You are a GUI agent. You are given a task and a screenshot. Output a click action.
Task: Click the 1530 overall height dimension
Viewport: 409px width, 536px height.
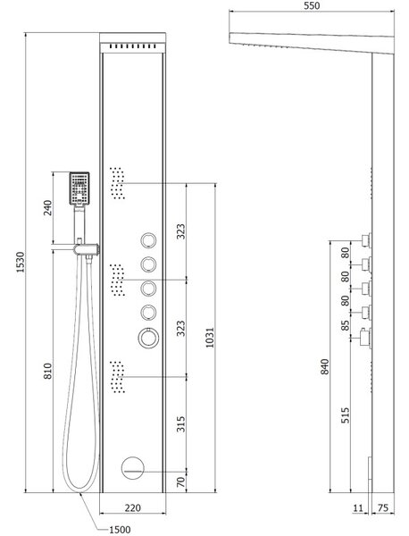pos(21,262)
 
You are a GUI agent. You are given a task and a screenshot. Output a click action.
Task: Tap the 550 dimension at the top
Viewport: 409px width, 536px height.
pos(312,5)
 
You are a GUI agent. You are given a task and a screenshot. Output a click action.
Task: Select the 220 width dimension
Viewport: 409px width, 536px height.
pos(132,508)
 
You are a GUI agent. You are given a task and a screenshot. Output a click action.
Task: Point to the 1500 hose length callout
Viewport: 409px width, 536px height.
pos(120,530)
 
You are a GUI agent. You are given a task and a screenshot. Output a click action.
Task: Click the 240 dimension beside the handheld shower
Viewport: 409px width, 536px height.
pos(48,208)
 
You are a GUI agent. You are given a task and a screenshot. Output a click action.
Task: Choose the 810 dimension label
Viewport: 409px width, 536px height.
pos(48,371)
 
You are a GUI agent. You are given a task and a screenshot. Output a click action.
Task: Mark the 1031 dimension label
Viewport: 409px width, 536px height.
pos(210,338)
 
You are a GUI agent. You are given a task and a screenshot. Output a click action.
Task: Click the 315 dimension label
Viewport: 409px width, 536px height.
pos(180,423)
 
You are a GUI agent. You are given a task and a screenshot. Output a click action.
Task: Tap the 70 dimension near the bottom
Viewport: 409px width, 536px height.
pos(180,482)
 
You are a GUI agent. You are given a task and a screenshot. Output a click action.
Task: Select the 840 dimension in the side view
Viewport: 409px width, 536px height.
pos(324,366)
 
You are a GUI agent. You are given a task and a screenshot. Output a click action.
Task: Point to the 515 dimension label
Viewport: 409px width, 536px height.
pos(346,415)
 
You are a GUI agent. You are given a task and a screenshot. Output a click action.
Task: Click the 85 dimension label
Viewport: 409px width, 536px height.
pos(346,325)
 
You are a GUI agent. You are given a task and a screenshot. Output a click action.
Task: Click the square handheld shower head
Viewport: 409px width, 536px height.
pos(79,188)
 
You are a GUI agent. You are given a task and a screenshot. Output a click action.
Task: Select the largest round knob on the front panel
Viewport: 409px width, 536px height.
pos(148,338)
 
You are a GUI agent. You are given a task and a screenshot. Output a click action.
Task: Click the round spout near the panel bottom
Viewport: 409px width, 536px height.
pos(133,468)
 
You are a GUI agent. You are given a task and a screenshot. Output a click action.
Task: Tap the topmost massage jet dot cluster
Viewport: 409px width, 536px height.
pos(117,183)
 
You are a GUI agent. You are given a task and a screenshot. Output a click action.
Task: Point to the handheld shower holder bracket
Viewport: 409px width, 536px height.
pos(86,249)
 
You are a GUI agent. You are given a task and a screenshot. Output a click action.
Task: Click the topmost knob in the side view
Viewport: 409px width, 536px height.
pos(367,240)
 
